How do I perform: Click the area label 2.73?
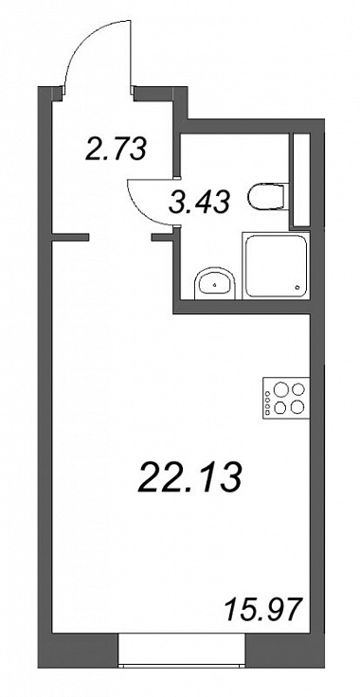[116, 149]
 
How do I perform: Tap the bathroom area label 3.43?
[200, 203]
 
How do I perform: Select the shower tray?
[275, 265]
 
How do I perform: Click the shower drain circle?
[297, 288]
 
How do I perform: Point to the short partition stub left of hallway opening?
[71, 238]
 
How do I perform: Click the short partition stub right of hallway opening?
[163, 238]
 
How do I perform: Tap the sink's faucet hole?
[215, 284]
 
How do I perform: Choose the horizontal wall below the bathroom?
[243, 307]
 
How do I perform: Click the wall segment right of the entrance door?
[160, 95]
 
